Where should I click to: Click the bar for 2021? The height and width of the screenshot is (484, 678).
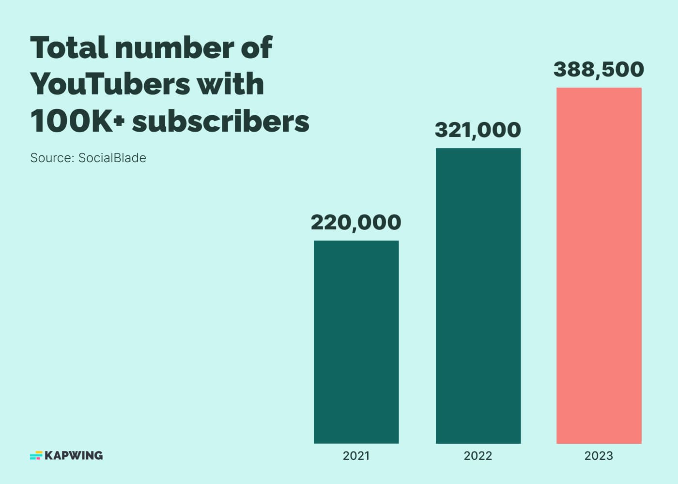click(x=356, y=342)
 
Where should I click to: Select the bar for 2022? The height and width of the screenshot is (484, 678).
click(x=478, y=296)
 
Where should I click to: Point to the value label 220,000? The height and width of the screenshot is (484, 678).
click(x=356, y=223)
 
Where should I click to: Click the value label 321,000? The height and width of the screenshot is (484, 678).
click(x=478, y=130)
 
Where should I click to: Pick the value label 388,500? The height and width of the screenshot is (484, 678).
click(x=599, y=70)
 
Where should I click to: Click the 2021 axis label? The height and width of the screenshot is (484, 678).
click(x=356, y=455)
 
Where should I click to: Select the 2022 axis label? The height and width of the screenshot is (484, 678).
click(x=478, y=455)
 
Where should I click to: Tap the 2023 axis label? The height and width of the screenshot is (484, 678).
click(x=599, y=455)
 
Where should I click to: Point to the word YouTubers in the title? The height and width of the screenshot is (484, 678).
click(x=110, y=85)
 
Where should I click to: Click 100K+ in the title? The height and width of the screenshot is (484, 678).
click(x=77, y=121)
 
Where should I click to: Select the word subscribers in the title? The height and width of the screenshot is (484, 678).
click(x=221, y=121)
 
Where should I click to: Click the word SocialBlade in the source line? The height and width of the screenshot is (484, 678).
click(x=112, y=158)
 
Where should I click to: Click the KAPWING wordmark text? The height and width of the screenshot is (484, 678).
click(x=74, y=455)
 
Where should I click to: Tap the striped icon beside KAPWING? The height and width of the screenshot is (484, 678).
click(x=36, y=455)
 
